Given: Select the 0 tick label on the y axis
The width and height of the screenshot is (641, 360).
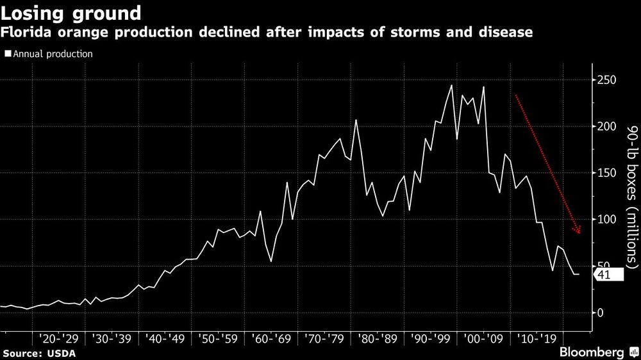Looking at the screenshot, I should (x=601, y=313).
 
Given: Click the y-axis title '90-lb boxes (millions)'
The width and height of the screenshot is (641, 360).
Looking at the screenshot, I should (x=631, y=195).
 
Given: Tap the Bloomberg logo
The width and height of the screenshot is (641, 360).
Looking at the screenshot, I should (x=594, y=352).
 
